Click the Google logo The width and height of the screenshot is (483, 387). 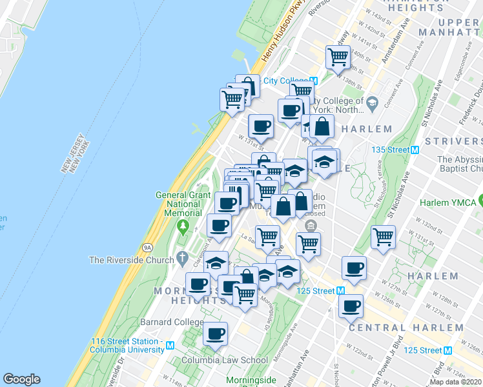pyautogui.click(x=21, y=379)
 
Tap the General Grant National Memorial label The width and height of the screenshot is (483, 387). pyautogui.click(x=183, y=204)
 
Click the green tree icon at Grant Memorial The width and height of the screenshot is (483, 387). pyautogui.click(x=183, y=226)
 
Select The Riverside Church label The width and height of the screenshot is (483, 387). pyautogui.click(x=132, y=260)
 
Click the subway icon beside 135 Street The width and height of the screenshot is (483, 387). pyautogui.click(x=415, y=150)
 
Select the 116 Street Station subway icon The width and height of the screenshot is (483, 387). pyautogui.click(x=170, y=345)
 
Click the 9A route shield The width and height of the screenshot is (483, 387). pyautogui.click(x=147, y=246)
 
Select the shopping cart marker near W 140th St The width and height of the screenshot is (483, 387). pyautogui.click(x=338, y=57)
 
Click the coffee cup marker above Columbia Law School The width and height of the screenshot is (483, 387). pyautogui.click(x=215, y=333)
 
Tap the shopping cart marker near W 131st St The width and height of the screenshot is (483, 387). pyautogui.click(x=383, y=237)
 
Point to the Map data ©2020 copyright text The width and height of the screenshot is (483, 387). pyautogui.click(x=456, y=382)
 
